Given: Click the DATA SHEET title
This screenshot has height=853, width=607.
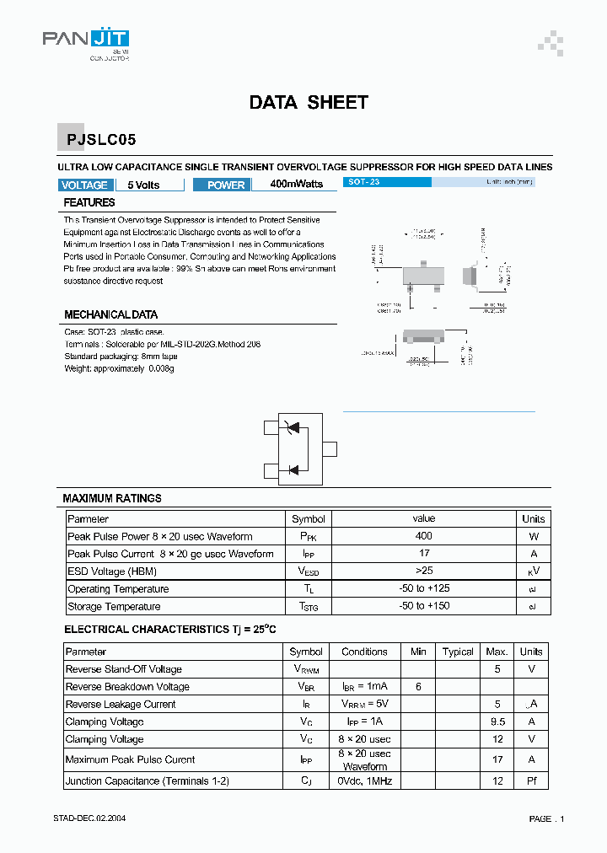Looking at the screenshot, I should coord(309,103).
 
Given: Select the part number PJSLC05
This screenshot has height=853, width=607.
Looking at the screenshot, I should coord(96,140).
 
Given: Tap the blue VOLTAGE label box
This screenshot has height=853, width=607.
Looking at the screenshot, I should coord(85,185).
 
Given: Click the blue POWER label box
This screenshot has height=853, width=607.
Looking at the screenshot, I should coord(226,185).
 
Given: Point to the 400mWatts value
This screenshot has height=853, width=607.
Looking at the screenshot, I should coord(296,185).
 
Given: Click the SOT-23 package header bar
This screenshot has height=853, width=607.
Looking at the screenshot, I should coord(388,182).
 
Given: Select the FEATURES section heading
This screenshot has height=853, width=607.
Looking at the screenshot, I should coord(89,203).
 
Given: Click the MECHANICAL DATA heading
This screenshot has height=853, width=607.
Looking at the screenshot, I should coord(110,315).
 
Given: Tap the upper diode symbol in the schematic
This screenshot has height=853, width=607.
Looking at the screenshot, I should coord(293,428).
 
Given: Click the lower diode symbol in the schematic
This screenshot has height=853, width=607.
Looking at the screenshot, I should coord(293,469).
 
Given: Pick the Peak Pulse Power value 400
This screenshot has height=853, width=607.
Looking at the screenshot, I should coord(424,536).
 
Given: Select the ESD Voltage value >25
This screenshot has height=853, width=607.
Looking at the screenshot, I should coord(424,571).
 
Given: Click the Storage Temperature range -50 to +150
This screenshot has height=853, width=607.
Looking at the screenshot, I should coord(424,607).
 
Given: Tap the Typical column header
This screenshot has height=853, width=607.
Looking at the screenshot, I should coord(458,652).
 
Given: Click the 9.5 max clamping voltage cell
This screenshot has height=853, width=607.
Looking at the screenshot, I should coord(497,722).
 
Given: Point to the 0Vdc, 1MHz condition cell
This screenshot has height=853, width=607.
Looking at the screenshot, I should coord(364,781).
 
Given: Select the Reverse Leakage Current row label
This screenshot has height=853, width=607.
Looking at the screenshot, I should coord(121,705).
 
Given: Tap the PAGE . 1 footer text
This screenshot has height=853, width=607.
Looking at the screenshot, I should coord(546,819).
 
